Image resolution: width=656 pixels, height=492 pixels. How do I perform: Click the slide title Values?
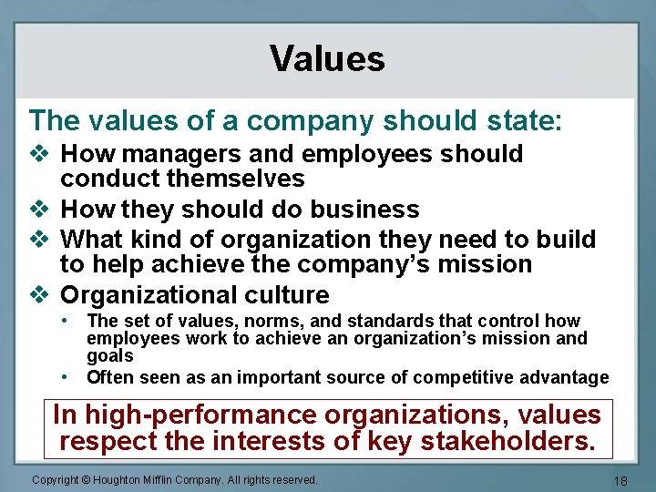[327, 58]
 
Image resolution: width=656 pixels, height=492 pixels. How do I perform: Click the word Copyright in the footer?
[56, 480]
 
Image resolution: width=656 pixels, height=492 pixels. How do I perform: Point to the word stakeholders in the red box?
[513, 443]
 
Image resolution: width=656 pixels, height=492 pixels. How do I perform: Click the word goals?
[110, 356]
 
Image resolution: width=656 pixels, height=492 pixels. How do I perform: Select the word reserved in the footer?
[292, 480]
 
